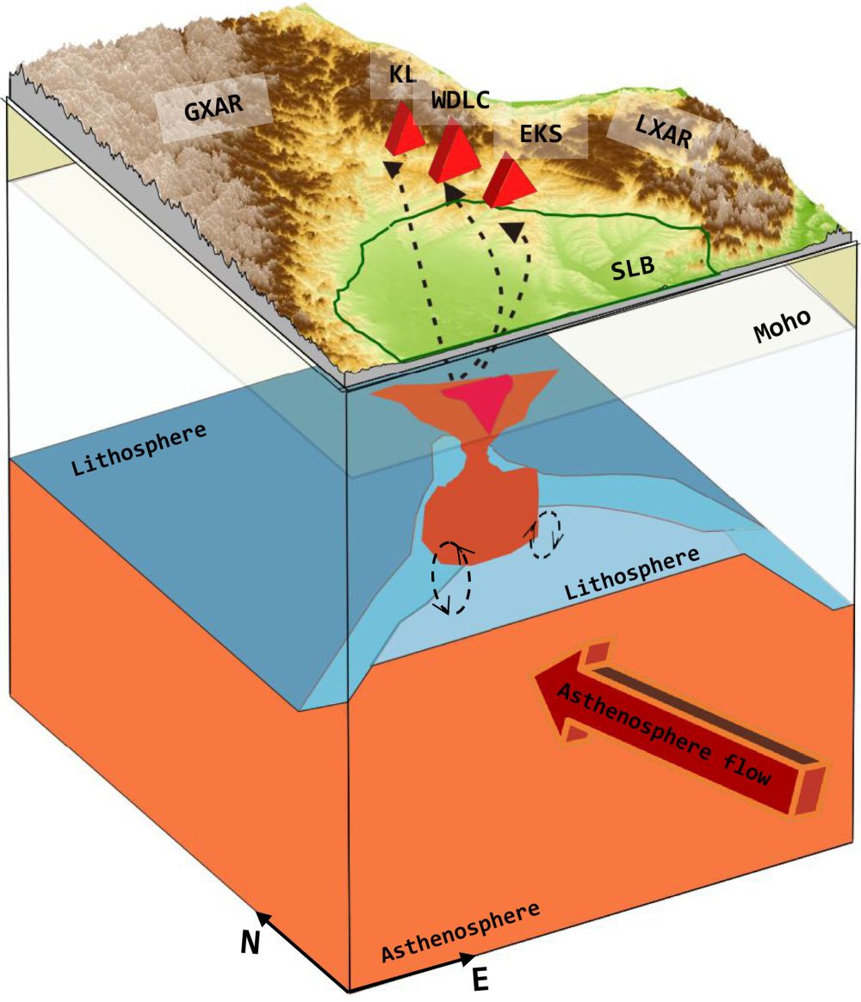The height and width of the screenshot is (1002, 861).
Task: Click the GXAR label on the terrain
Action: [213, 109]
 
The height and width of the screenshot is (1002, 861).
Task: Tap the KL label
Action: [402, 74]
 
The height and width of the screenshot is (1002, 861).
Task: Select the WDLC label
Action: [461, 101]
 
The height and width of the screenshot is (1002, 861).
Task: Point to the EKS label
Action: [541, 134]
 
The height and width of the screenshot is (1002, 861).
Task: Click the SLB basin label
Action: [633, 269]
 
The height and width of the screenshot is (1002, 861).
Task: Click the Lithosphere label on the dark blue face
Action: [139, 448]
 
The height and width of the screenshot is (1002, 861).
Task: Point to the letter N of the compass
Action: [250, 943]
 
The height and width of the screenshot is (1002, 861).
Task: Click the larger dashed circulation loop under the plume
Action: [451, 578]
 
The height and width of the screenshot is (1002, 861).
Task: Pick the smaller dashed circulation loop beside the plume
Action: [545, 535]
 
